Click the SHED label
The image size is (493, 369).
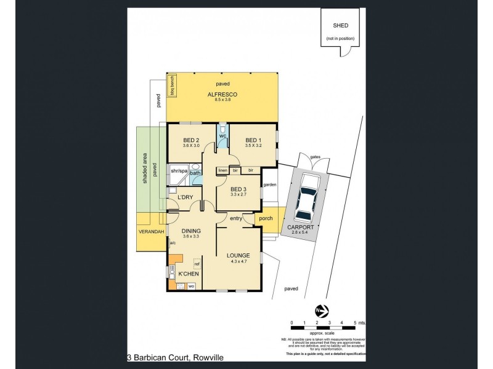[340, 26]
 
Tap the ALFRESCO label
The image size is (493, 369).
[222, 93]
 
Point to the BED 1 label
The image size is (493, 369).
[253, 140]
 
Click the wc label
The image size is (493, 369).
[223, 136]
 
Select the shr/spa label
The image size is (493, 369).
[179, 170]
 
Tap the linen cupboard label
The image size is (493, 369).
[222, 170]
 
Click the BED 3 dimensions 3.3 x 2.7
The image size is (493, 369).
[238, 194]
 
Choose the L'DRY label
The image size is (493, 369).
[186, 197]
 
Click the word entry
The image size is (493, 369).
[236, 218]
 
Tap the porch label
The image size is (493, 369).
[266, 218]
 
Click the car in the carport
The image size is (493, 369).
[306, 198]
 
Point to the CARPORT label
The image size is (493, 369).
[301, 227]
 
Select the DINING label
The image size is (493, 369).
[191, 231]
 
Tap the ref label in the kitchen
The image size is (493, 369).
[197, 263]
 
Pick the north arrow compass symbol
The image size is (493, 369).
[320, 309]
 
